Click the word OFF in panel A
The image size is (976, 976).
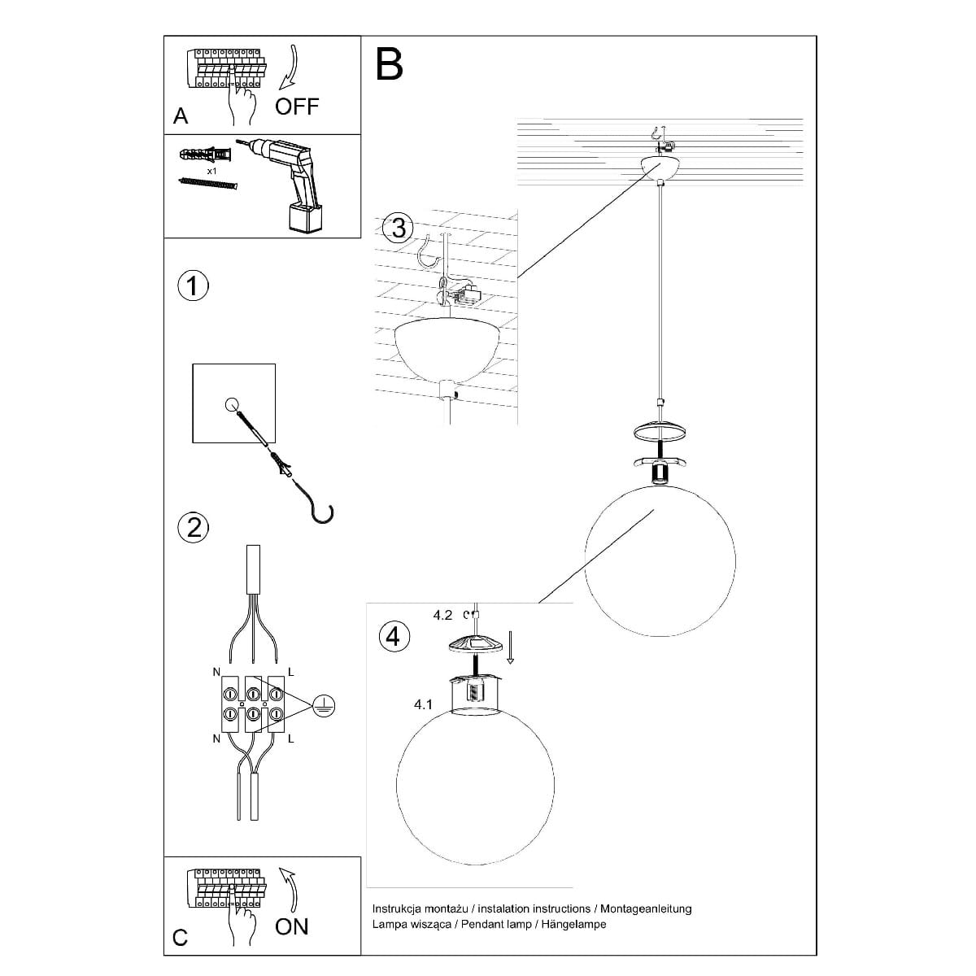point(297,107)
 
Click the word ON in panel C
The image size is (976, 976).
point(292,926)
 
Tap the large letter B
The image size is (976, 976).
point(389,64)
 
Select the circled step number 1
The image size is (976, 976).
point(193,286)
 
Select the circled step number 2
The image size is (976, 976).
point(194,528)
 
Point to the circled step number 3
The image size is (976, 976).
point(398,228)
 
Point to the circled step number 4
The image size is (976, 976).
point(394,636)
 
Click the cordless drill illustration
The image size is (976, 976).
point(286,185)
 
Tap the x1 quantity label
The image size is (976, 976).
point(211,171)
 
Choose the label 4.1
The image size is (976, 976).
point(423,704)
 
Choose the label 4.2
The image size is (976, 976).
point(442,616)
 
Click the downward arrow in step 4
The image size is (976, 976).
point(510,647)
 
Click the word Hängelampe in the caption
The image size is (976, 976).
point(573,924)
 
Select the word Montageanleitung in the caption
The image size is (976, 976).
point(646,908)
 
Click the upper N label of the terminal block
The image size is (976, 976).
point(216,672)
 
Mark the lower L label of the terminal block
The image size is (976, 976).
point(290,739)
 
